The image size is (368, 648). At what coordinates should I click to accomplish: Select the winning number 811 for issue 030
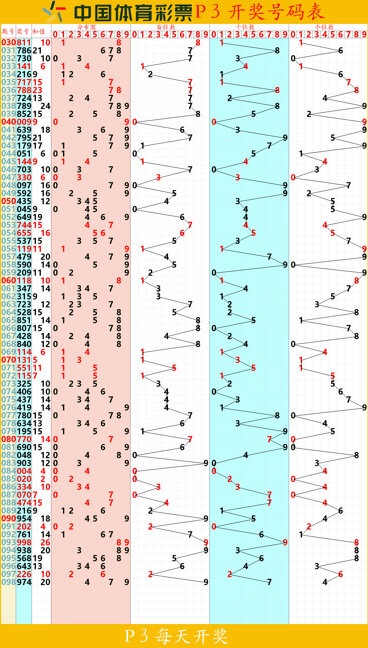tap(24, 42)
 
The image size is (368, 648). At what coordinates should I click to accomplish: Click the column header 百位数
tap(166, 27)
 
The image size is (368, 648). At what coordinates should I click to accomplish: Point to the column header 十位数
tap(245, 27)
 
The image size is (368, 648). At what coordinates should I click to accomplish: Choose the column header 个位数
tap(324, 27)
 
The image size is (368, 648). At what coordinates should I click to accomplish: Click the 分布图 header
tap(86, 27)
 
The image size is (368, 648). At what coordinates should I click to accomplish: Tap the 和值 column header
tap(39, 31)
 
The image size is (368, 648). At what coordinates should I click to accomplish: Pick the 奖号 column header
tap(23, 31)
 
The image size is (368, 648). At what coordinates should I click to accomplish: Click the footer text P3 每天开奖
tap(177, 636)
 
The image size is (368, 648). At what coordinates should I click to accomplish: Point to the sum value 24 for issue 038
tap(45, 106)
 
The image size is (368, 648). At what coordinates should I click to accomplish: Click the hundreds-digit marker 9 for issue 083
tap(206, 463)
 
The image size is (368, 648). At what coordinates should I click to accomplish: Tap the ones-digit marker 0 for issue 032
tap(293, 58)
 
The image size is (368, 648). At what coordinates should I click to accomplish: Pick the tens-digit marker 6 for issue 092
tap(261, 534)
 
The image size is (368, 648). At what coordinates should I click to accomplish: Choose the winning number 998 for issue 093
tap(24, 542)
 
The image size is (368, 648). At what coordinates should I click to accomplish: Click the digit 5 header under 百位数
tap(174, 34)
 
